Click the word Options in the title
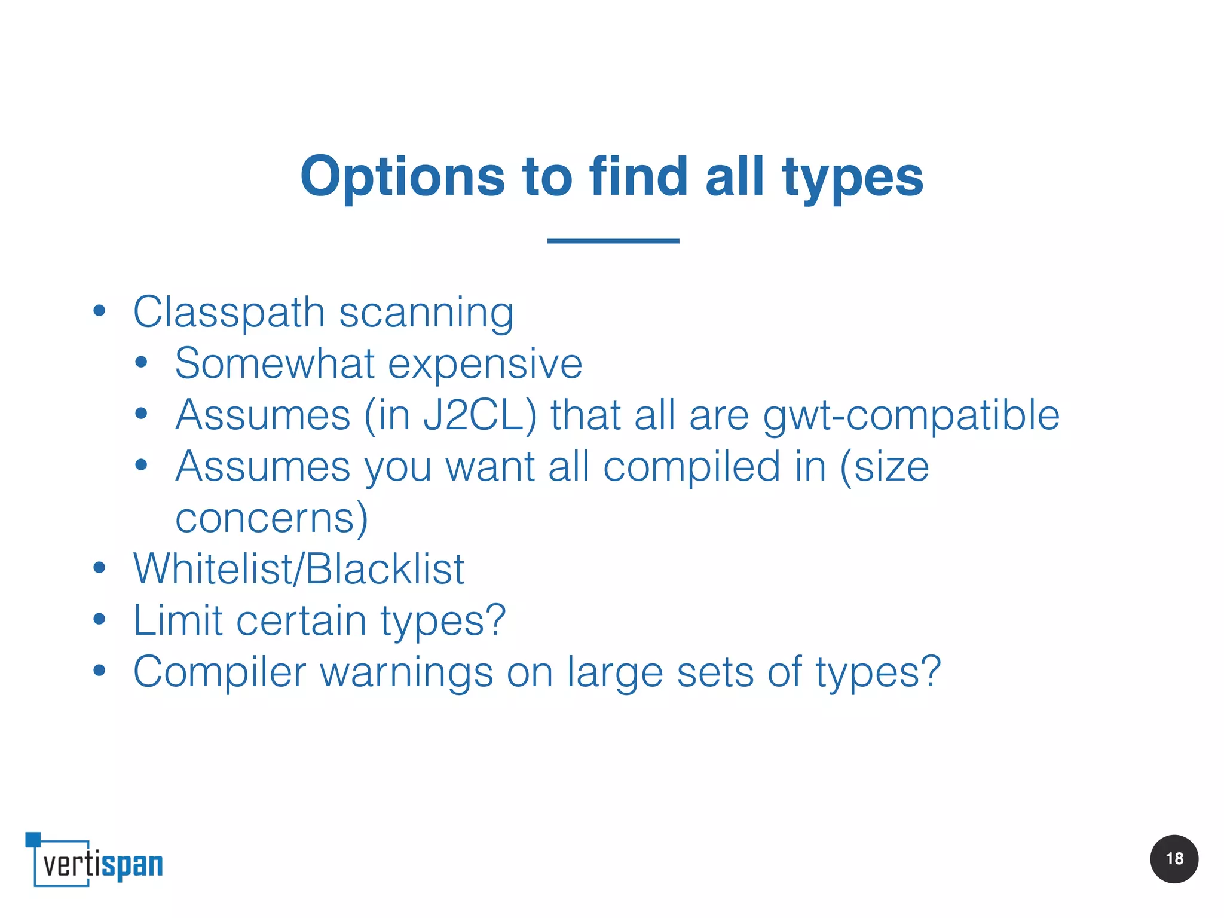click(x=403, y=177)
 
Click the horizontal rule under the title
click(x=613, y=241)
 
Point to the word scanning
click(x=426, y=313)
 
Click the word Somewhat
click(x=274, y=363)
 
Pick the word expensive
click(x=485, y=365)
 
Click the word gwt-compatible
click(x=911, y=416)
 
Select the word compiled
click(x=691, y=467)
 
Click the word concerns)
click(x=271, y=518)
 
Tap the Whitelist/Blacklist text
click(x=298, y=568)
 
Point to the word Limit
click(x=178, y=620)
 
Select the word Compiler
click(x=219, y=672)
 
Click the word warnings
click(x=406, y=672)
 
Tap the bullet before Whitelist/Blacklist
click(x=99, y=568)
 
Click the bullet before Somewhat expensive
click(x=141, y=362)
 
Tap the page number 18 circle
click(x=1174, y=859)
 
